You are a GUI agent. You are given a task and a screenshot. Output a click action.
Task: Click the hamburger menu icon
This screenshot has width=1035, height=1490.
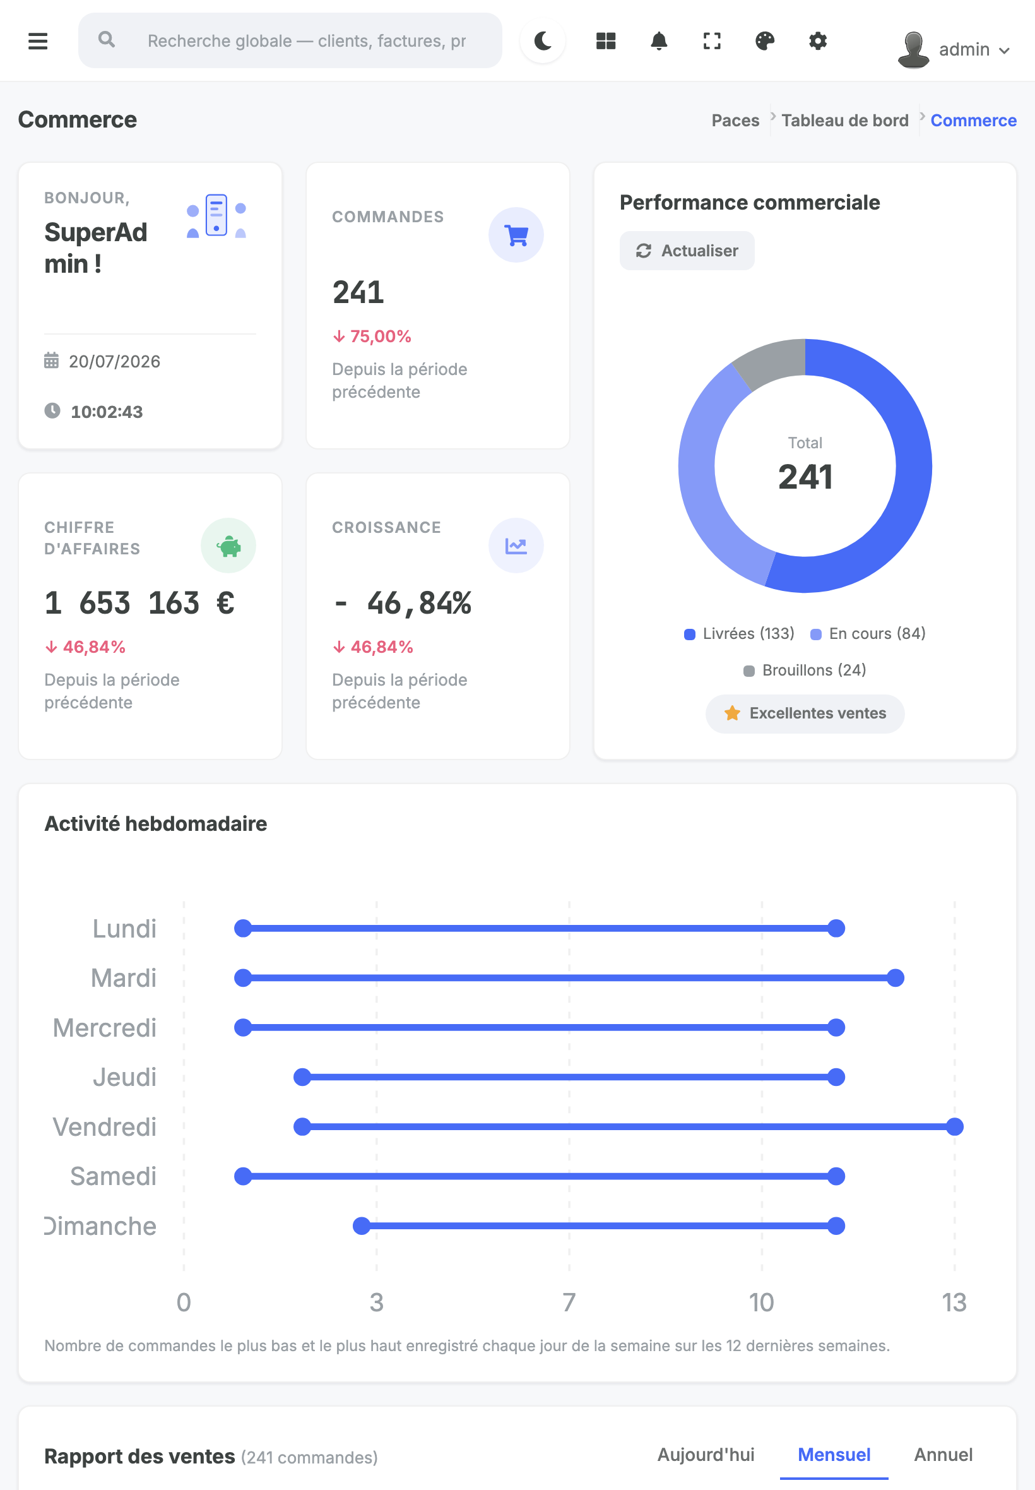[38, 41]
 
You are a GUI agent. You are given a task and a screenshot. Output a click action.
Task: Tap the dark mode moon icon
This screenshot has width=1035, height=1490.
[543, 41]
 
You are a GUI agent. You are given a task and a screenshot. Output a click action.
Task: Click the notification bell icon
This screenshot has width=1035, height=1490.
[659, 41]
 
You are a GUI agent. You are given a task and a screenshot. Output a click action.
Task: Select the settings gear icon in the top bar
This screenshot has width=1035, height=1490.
[818, 41]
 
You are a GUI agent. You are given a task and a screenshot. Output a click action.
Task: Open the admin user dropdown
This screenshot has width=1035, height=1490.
[954, 49]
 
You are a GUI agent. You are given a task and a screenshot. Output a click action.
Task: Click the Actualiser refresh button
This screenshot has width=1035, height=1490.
[687, 251]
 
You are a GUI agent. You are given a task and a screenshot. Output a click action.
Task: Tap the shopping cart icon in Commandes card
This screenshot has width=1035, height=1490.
[516, 235]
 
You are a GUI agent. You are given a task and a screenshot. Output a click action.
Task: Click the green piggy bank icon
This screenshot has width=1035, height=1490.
[228, 545]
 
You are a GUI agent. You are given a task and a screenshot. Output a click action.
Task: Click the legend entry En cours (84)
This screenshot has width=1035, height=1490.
[868, 633]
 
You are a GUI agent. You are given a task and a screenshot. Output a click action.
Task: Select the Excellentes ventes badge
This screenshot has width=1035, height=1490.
[805, 713]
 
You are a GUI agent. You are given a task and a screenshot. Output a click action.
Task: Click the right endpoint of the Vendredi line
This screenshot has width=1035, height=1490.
[955, 1127]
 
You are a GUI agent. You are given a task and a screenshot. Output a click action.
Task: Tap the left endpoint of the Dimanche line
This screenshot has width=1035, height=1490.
[361, 1226]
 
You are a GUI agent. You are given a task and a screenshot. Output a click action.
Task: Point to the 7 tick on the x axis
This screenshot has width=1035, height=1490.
[569, 1302]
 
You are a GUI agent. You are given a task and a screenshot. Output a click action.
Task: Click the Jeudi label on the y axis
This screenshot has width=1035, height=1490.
[124, 1078]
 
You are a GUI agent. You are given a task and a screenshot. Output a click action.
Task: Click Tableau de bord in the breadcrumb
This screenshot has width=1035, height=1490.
[844, 121]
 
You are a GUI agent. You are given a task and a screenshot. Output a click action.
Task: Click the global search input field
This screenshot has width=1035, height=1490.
[290, 41]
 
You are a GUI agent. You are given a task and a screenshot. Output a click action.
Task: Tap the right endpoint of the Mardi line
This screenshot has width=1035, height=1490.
[896, 978]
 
